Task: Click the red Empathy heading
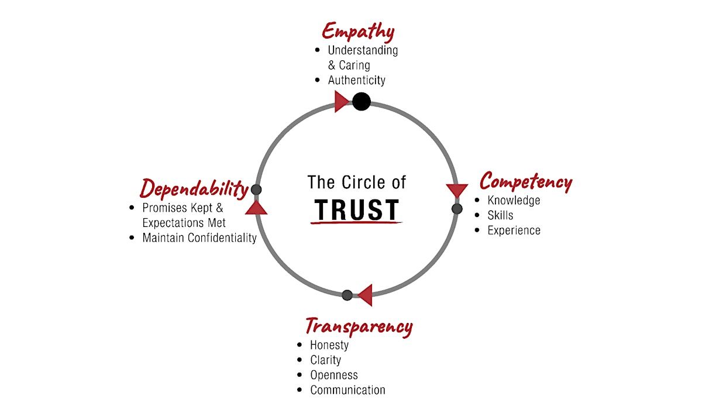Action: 358,31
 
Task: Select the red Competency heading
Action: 525,182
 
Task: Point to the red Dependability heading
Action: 194,188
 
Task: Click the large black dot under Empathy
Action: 362,102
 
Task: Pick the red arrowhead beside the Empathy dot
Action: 342,101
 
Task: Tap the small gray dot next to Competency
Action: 457,209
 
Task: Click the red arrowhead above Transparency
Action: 365,295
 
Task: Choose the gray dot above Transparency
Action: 347,295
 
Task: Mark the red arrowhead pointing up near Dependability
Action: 256,207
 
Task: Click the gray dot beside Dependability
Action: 256,190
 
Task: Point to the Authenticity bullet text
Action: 356,80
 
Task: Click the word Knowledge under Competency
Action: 514,201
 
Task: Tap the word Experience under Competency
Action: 514,230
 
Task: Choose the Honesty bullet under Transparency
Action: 329,345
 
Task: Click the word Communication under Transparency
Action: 347,390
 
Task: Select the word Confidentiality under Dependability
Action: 222,238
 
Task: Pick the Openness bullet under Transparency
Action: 333,375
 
